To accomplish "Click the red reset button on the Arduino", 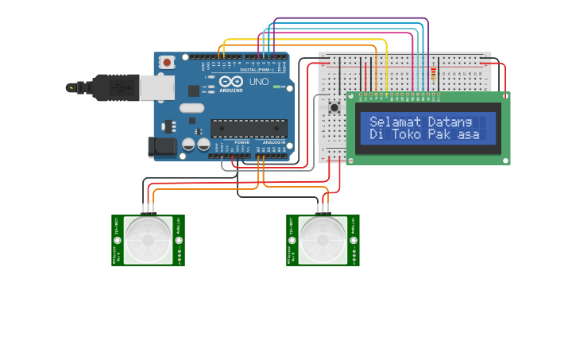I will pyautogui.click(x=167, y=62).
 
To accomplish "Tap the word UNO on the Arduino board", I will pyautogui.click(x=259, y=82).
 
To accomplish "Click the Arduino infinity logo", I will pyautogui.click(x=231, y=81).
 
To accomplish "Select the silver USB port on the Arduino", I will pyautogui.click(x=157, y=87).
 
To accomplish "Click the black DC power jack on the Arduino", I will pyautogui.click(x=162, y=146).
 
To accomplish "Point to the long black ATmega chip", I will pyautogui.click(x=248, y=128).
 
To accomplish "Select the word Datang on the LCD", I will pyautogui.click(x=450, y=122).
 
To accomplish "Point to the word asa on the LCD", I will pyautogui.click(x=470, y=134).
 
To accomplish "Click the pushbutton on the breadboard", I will pyautogui.click(x=334, y=106).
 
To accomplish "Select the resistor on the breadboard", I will pyautogui.click(x=433, y=76).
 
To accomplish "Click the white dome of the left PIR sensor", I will pyautogui.click(x=148, y=240).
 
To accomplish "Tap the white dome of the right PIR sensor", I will pyautogui.click(x=323, y=240).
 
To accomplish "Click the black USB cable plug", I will pyautogui.click(x=110, y=87).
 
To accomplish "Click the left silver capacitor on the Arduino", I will pyautogui.click(x=189, y=144).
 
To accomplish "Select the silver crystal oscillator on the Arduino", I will pyautogui.click(x=191, y=108).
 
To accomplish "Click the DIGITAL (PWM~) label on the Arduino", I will pyautogui.click(x=257, y=69).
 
